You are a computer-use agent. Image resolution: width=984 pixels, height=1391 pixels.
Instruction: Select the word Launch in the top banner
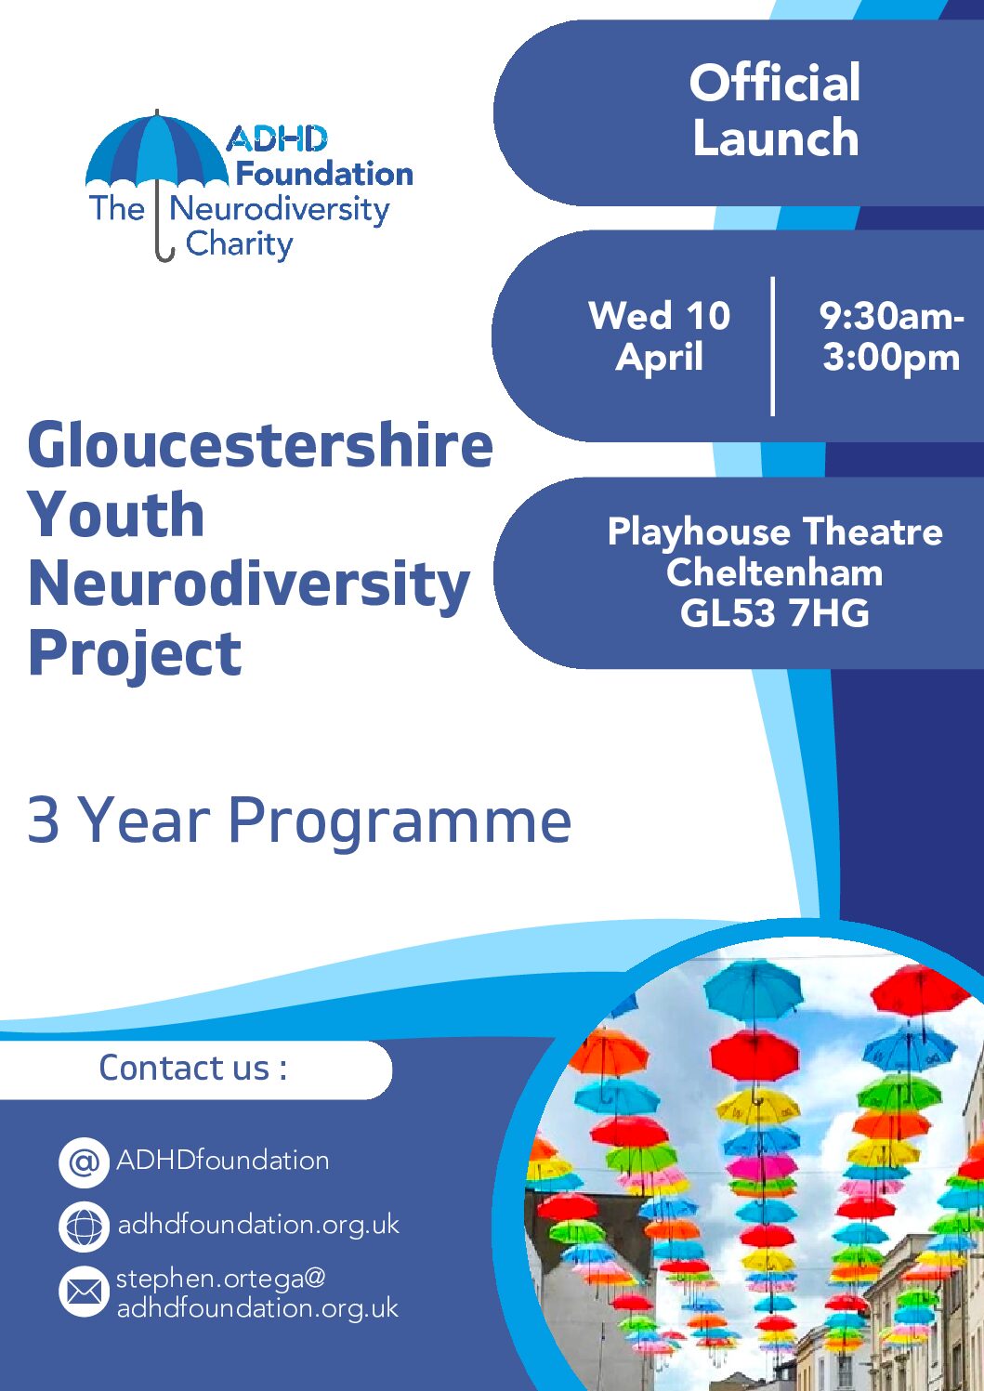776,138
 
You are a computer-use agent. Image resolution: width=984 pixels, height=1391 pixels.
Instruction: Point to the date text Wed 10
660,315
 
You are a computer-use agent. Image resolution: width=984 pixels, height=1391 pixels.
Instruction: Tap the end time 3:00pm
891,359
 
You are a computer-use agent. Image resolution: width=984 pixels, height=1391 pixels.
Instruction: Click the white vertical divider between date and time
772,346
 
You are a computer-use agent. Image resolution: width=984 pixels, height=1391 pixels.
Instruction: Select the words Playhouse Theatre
775,532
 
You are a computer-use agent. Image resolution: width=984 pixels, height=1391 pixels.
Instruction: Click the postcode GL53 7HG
774,613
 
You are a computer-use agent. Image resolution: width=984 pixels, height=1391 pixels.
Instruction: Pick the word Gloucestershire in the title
261,445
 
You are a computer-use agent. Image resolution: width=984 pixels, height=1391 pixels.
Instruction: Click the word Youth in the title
116,514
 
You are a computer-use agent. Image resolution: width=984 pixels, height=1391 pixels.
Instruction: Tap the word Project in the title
135,654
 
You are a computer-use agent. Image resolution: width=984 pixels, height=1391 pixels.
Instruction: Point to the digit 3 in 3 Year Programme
44,820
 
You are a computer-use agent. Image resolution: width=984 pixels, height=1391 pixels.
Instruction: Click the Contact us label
192,1067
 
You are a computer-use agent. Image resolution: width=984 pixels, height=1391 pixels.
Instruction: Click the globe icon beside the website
84,1227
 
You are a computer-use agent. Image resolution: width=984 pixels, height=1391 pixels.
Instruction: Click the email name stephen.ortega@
221,1279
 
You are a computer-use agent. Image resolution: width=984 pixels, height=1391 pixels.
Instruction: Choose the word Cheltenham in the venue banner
774,572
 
